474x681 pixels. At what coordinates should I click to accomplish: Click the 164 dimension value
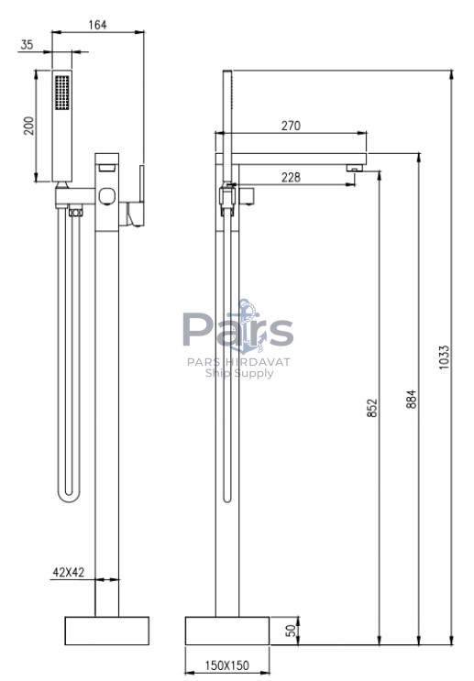[97, 25]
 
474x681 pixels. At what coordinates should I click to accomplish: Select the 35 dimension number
[27, 44]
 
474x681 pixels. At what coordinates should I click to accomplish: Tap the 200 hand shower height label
[28, 126]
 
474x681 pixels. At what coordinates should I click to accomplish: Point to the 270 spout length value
[291, 126]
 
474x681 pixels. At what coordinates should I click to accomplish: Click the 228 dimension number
[291, 177]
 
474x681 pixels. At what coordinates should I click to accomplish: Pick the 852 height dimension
[372, 408]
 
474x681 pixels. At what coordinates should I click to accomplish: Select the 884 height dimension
[411, 399]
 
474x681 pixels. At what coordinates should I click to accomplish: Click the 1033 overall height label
[444, 357]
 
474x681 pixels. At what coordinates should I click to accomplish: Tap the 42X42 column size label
[68, 573]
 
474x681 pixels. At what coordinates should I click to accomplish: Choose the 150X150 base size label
[227, 665]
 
